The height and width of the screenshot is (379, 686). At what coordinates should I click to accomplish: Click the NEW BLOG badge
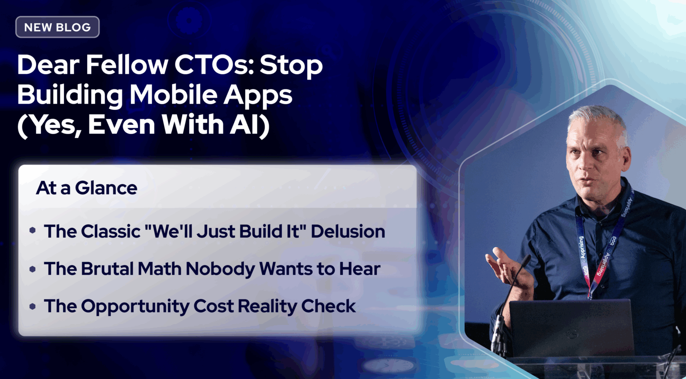click(57, 27)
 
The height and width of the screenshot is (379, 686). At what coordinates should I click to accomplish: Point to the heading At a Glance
click(87, 188)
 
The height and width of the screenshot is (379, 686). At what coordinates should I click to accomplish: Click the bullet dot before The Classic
click(33, 231)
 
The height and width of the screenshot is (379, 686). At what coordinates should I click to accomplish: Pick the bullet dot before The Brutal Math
click(33, 269)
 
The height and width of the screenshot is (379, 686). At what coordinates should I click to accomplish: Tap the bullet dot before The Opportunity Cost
click(33, 306)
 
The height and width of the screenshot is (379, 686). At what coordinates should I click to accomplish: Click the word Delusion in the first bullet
click(347, 232)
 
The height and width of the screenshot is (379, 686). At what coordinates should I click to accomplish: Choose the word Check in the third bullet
click(328, 307)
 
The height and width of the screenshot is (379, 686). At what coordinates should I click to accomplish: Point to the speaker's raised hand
click(505, 266)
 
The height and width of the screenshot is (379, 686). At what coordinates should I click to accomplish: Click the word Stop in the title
click(291, 65)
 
